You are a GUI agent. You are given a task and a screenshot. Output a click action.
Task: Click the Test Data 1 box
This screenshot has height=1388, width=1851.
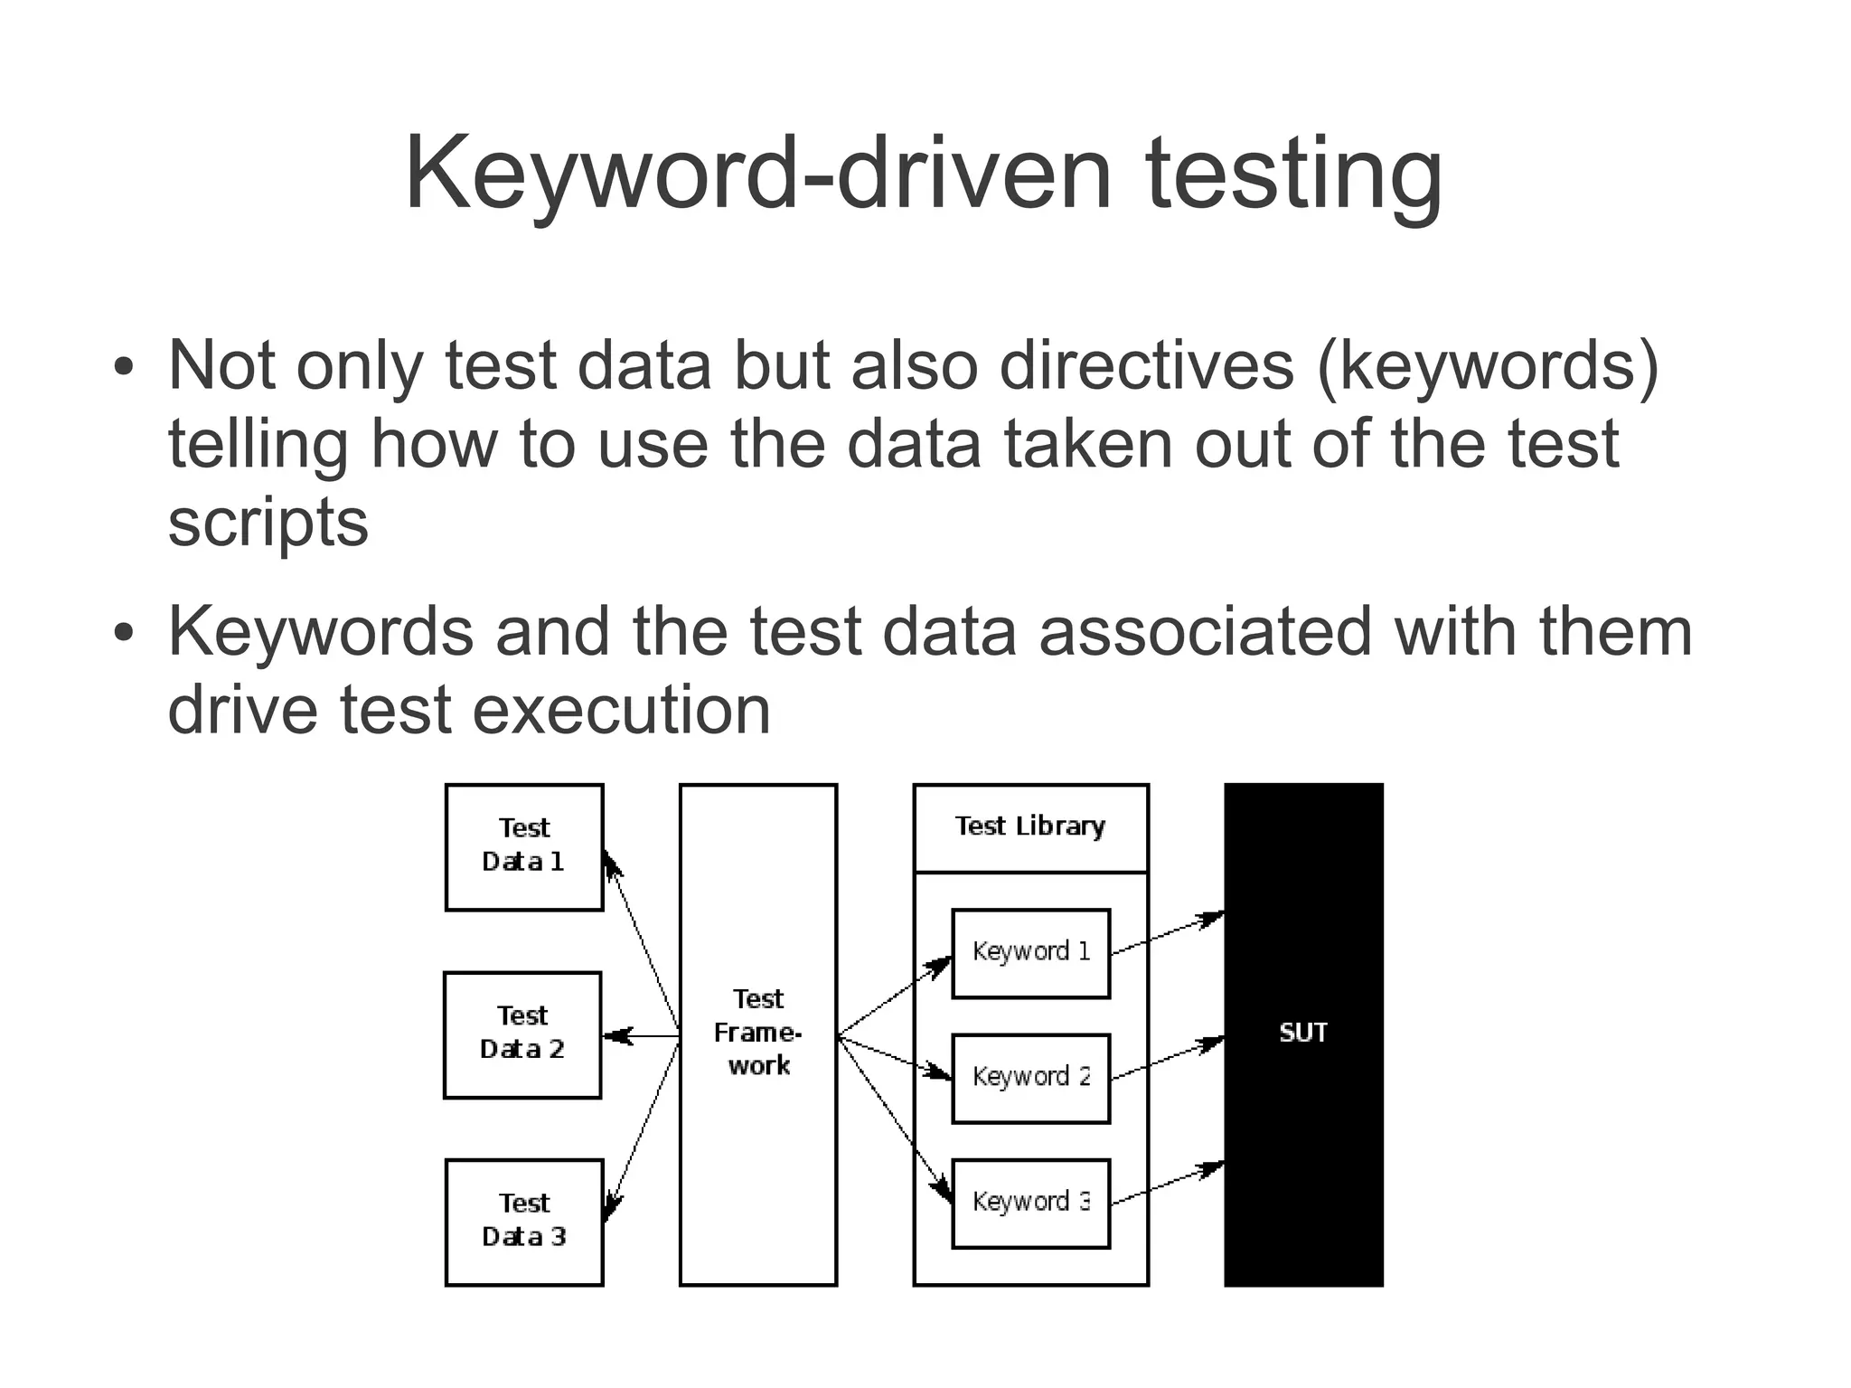point(524,846)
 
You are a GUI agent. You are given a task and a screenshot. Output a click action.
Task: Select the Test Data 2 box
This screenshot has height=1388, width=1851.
point(522,1034)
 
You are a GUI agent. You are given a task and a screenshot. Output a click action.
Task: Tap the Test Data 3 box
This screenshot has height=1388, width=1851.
point(524,1222)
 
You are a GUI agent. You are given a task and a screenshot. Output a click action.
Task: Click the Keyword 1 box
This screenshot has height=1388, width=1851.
point(1030,953)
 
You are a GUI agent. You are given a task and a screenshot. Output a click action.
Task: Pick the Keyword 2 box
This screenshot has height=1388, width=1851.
point(1030,1078)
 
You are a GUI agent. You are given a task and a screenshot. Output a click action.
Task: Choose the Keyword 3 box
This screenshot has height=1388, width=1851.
point(1030,1203)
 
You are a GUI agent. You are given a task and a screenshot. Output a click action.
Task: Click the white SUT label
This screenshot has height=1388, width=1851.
point(1302,1033)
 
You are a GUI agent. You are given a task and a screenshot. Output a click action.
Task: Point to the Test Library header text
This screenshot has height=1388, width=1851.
point(1030,826)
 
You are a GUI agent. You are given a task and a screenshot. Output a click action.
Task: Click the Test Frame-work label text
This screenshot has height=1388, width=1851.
point(757,1033)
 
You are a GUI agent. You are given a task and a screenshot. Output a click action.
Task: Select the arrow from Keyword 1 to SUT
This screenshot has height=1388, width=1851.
point(1167,935)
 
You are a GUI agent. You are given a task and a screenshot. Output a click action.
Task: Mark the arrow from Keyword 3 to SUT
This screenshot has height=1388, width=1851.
point(1167,1185)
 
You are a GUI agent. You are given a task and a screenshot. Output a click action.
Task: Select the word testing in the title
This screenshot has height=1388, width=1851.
point(1293,174)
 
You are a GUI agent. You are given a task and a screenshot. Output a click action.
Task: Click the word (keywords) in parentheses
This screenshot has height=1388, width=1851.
point(1488,365)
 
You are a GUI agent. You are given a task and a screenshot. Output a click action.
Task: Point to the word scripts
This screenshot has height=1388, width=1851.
point(268,523)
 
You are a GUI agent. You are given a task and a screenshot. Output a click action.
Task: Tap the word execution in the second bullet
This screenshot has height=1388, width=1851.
point(621,710)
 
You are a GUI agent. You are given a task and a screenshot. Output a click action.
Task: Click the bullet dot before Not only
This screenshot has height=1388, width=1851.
point(124,369)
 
